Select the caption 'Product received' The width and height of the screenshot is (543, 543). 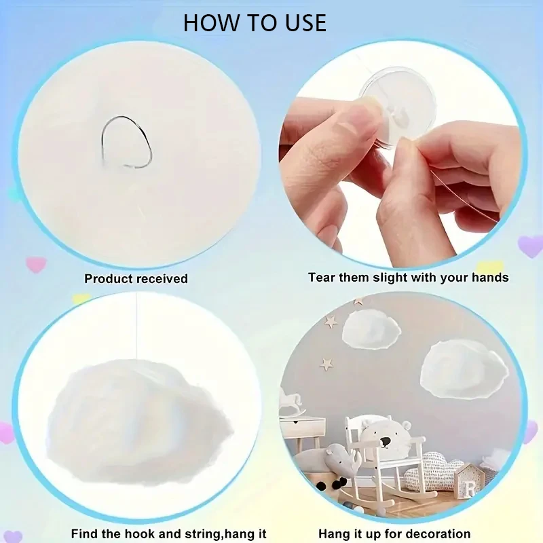136,278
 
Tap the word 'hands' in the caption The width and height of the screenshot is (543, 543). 489,277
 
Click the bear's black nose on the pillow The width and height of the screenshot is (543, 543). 385,443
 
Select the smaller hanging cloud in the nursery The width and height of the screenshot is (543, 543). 371,329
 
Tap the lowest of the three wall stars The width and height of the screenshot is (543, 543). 326,364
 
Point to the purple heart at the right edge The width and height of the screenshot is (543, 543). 530,246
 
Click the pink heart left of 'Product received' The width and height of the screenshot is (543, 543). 35,263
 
